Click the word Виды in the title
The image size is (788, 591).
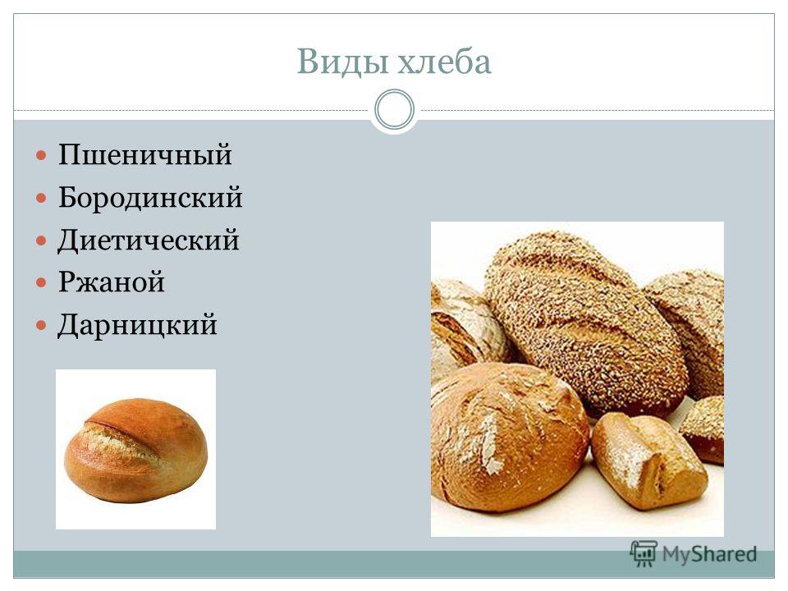[x=342, y=62]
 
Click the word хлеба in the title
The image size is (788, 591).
[x=444, y=62]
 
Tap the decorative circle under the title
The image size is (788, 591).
[x=395, y=109]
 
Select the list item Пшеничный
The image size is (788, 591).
[x=144, y=155]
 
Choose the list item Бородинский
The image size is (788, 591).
[x=150, y=197]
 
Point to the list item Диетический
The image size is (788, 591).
[x=149, y=240]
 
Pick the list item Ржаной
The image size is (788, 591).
[x=111, y=282]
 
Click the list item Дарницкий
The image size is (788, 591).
[x=137, y=325]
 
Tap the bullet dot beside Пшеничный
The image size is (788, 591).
[x=42, y=155]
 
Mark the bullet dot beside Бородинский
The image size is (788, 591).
[x=42, y=198]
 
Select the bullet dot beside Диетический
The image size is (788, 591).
[x=42, y=241]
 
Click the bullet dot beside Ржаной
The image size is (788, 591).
[x=42, y=282]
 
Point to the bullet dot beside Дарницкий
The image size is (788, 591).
[x=42, y=325]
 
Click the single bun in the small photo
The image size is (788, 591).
[x=135, y=450]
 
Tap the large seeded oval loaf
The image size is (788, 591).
[x=585, y=322]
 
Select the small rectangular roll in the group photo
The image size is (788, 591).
[x=648, y=461]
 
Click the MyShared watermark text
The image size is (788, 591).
[x=709, y=554]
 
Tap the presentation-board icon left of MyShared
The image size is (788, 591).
[x=644, y=554]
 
